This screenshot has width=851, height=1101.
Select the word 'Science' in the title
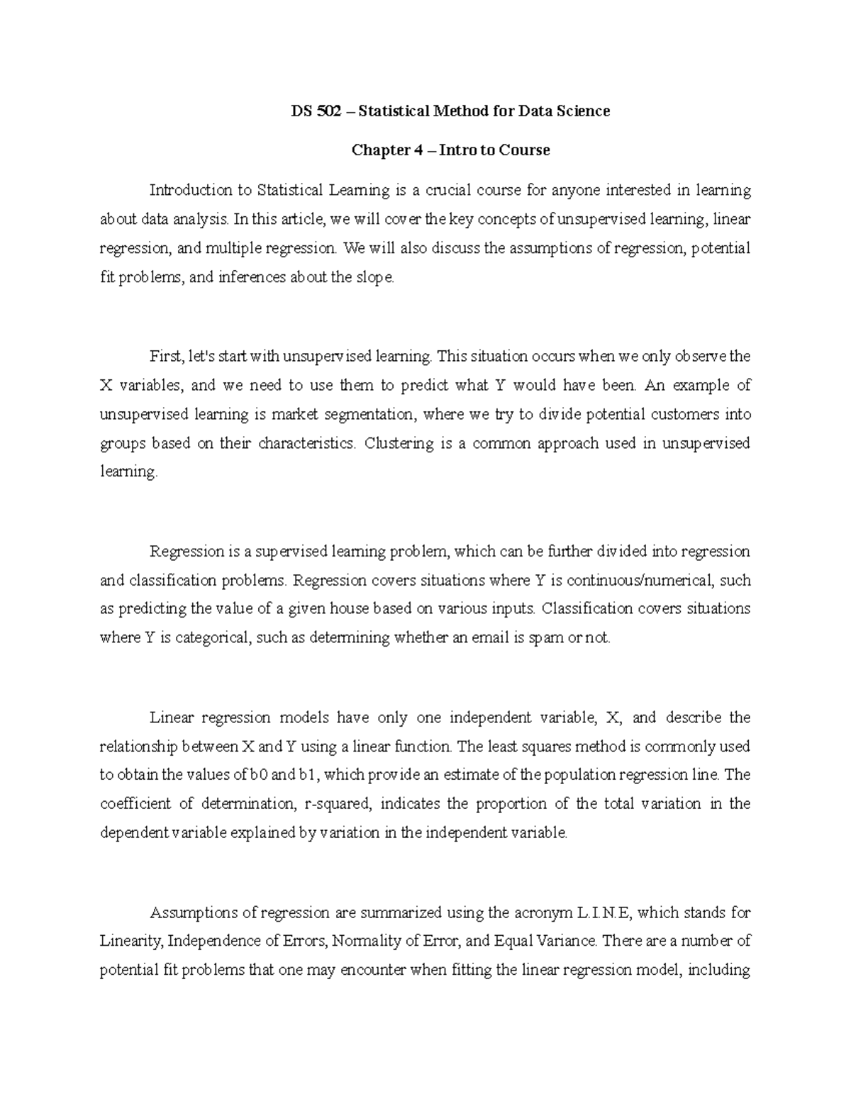pos(584,111)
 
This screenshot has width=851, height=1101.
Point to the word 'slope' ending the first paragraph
pos(374,277)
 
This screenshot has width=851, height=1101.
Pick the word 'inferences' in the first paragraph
pos(250,277)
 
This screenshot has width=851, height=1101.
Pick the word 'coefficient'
pos(135,804)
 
